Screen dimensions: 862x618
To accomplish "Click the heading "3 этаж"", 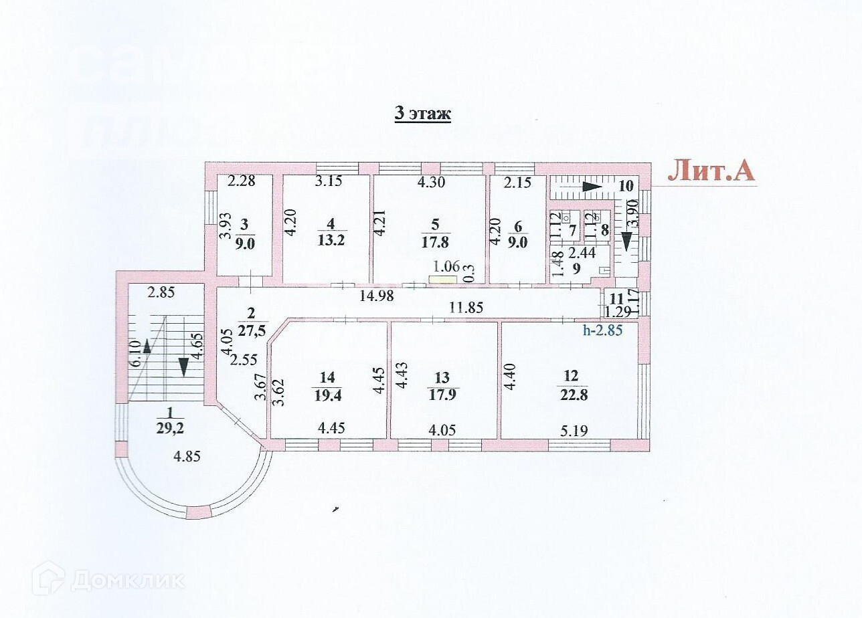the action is click(x=422, y=114).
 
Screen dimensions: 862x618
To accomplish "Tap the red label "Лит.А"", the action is click(x=711, y=171).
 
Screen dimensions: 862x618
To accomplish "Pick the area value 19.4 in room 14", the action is click(x=328, y=394).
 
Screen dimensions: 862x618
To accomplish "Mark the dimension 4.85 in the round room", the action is click(x=187, y=457).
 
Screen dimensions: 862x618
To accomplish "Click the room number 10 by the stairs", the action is click(x=626, y=186).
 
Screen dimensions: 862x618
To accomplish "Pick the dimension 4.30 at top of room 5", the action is click(x=432, y=181).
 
